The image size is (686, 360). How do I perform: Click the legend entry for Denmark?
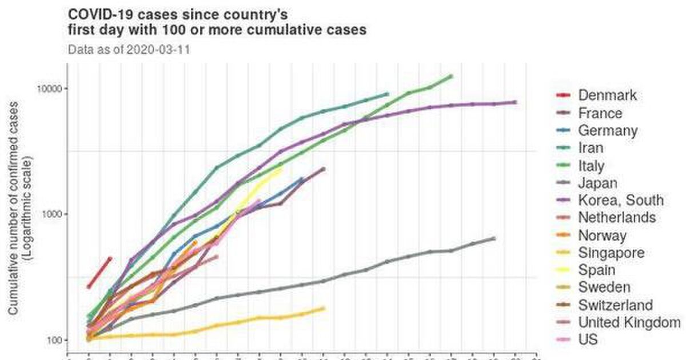pyautogui.click(x=607, y=95)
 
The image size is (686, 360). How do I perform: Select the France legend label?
pyautogui.click(x=600, y=113)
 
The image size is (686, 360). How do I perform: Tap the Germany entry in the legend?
pyautogui.click(x=607, y=130)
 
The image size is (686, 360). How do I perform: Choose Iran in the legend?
pyautogui.click(x=591, y=148)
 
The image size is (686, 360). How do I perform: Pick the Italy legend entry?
pyautogui.click(x=591, y=166)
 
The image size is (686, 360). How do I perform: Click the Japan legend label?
pyautogui.click(x=597, y=183)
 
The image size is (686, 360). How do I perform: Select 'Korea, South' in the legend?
pyautogui.click(x=621, y=200)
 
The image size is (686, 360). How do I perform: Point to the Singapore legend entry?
pyautogui.click(x=611, y=253)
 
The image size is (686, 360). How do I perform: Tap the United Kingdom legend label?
pyautogui.click(x=629, y=322)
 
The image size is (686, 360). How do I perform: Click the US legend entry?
pyautogui.click(x=588, y=339)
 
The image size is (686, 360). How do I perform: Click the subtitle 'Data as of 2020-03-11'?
pyautogui.click(x=129, y=49)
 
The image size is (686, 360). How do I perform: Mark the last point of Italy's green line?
pyautogui.click(x=451, y=76)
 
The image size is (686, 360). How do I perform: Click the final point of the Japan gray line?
pyautogui.click(x=493, y=238)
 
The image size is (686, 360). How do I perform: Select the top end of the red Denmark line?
pyautogui.click(x=110, y=258)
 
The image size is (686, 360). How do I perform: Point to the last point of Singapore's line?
pyautogui.click(x=324, y=309)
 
